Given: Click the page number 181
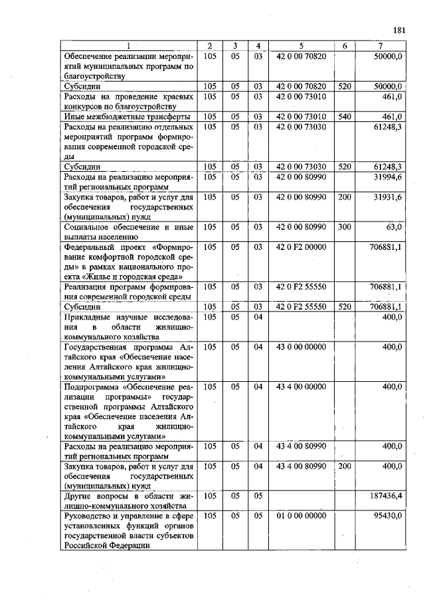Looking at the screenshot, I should (x=398, y=30).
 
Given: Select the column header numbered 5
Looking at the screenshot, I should (x=301, y=46).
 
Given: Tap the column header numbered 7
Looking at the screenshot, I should (x=379, y=46).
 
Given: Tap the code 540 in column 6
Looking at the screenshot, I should (x=344, y=116).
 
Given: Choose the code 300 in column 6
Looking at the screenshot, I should (x=344, y=227).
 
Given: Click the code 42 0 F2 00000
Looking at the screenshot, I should (x=301, y=247).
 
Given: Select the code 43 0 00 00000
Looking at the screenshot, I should (x=301, y=347).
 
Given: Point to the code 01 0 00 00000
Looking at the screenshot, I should (x=301, y=515).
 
